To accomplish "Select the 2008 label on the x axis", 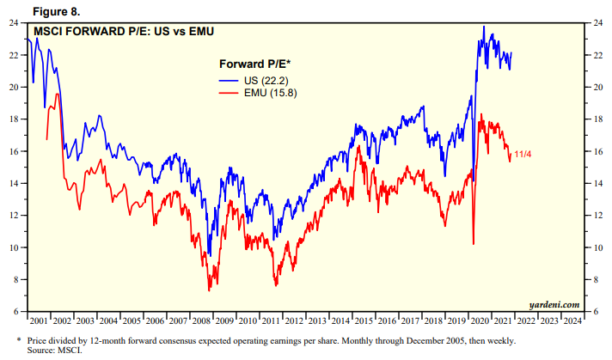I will [x=201, y=320].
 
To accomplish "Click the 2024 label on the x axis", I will [x=571, y=320].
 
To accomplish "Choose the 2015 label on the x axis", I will [x=363, y=320].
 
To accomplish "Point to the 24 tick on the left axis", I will [x=15, y=23].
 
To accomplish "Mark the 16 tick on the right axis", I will [x=598, y=151].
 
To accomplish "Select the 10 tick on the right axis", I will [x=598, y=247].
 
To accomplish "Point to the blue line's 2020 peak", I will [x=484, y=27].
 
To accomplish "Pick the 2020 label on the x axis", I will [x=479, y=320].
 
